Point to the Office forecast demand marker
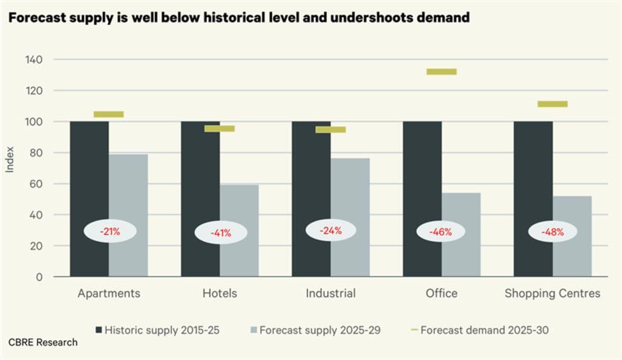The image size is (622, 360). tap(442, 72)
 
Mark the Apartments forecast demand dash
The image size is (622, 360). tap(109, 114)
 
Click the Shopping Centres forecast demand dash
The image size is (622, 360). tap(553, 104)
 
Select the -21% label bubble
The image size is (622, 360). tap(110, 231)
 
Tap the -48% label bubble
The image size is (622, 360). tap(553, 231)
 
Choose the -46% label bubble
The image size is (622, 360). tap(442, 231)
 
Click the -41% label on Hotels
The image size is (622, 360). tap(220, 232)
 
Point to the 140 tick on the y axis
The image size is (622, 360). tap(33, 59)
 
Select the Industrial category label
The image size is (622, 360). tap(330, 293)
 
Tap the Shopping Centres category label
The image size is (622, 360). tap(552, 293)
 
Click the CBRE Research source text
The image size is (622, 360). tap(43, 342)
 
